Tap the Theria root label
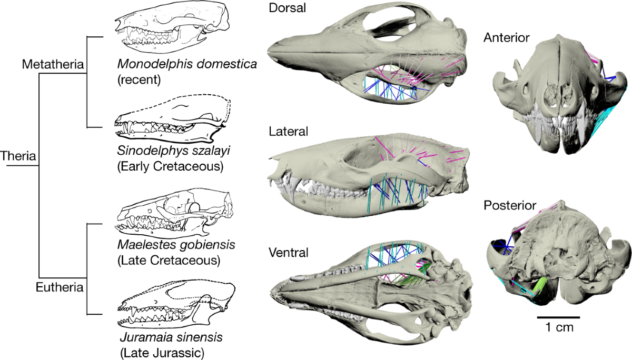[x=18, y=156]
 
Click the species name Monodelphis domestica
[x=187, y=65]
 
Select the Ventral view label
[x=288, y=252]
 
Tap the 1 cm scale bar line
[x=558, y=317]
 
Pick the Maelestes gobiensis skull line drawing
[x=174, y=213]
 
